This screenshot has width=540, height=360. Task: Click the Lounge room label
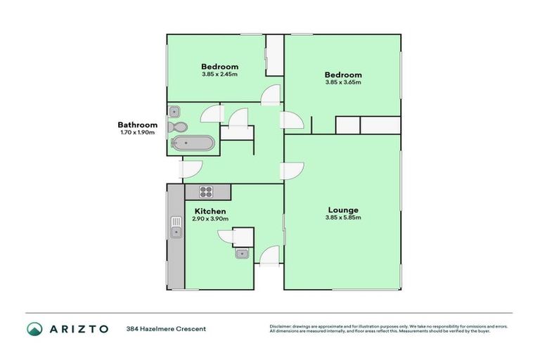[x=343, y=210]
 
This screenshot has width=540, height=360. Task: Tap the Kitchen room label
[x=210, y=211]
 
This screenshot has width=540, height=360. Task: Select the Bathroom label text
[x=137, y=125]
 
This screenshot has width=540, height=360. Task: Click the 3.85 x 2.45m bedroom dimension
[x=219, y=74]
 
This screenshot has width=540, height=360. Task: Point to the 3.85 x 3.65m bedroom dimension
[x=343, y=82]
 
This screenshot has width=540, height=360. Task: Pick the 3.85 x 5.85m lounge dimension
[x=343, y=218]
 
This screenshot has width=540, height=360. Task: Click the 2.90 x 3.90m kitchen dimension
[x=210, y=219]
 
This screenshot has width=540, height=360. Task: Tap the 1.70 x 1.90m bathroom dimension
[x=137, y=133]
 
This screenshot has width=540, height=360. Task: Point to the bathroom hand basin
[x=174, y=111]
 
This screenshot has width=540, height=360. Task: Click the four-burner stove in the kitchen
[x=207, y=191]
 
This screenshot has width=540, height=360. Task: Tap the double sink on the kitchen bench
[x=176, y=228]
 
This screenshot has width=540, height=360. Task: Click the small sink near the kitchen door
[x=243, y=253]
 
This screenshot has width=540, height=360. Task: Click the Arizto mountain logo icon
[x=34, y=328]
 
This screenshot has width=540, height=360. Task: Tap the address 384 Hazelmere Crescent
[x=166, y=328]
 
